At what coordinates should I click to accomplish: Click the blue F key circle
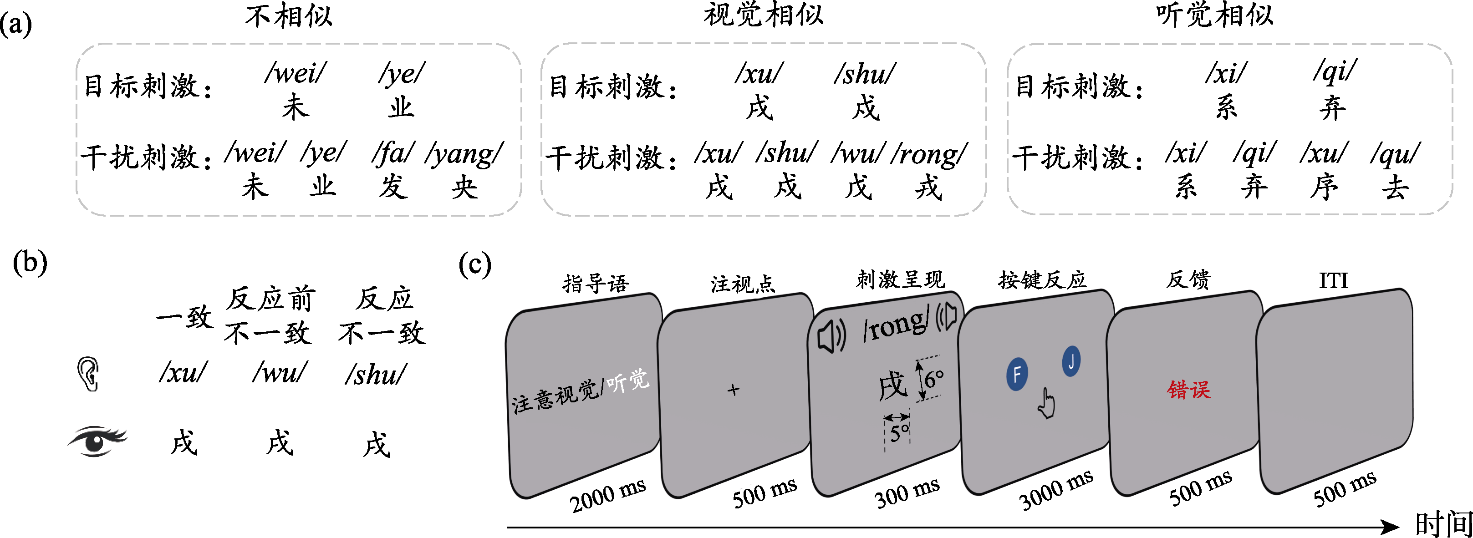pyautogui.click(x=1017, y=375)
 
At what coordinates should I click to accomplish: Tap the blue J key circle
pyautogui.click(x=1071, y=361)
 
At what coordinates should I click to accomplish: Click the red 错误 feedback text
pyautogui.click(x=1189, y=390)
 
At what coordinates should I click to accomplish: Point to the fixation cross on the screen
pyautogui.click(x=733, y=390)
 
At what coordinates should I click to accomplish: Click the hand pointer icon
pyautogui.click(x=1046, y=404)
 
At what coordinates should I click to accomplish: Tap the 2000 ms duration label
pyautogui.click(x=607, y=495)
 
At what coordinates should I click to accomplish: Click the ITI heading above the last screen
pyautogui.click(x=1334, y=281)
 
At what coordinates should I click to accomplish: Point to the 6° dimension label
pyautogui.click(x=934, y=379)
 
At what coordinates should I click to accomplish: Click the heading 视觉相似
pyautogui.click(x=764, y=15)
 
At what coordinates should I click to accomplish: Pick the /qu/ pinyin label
pyautogui.click(x=1395, y=154)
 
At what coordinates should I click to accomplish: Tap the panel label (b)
pyautogui.click(x=30, y=263)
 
